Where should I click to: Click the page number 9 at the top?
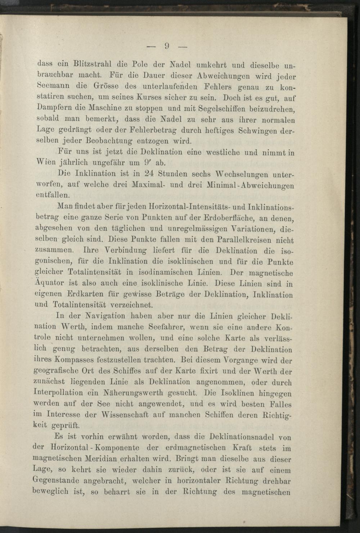(x=167, y=46)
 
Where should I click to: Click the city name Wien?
(x=46, y=162)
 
